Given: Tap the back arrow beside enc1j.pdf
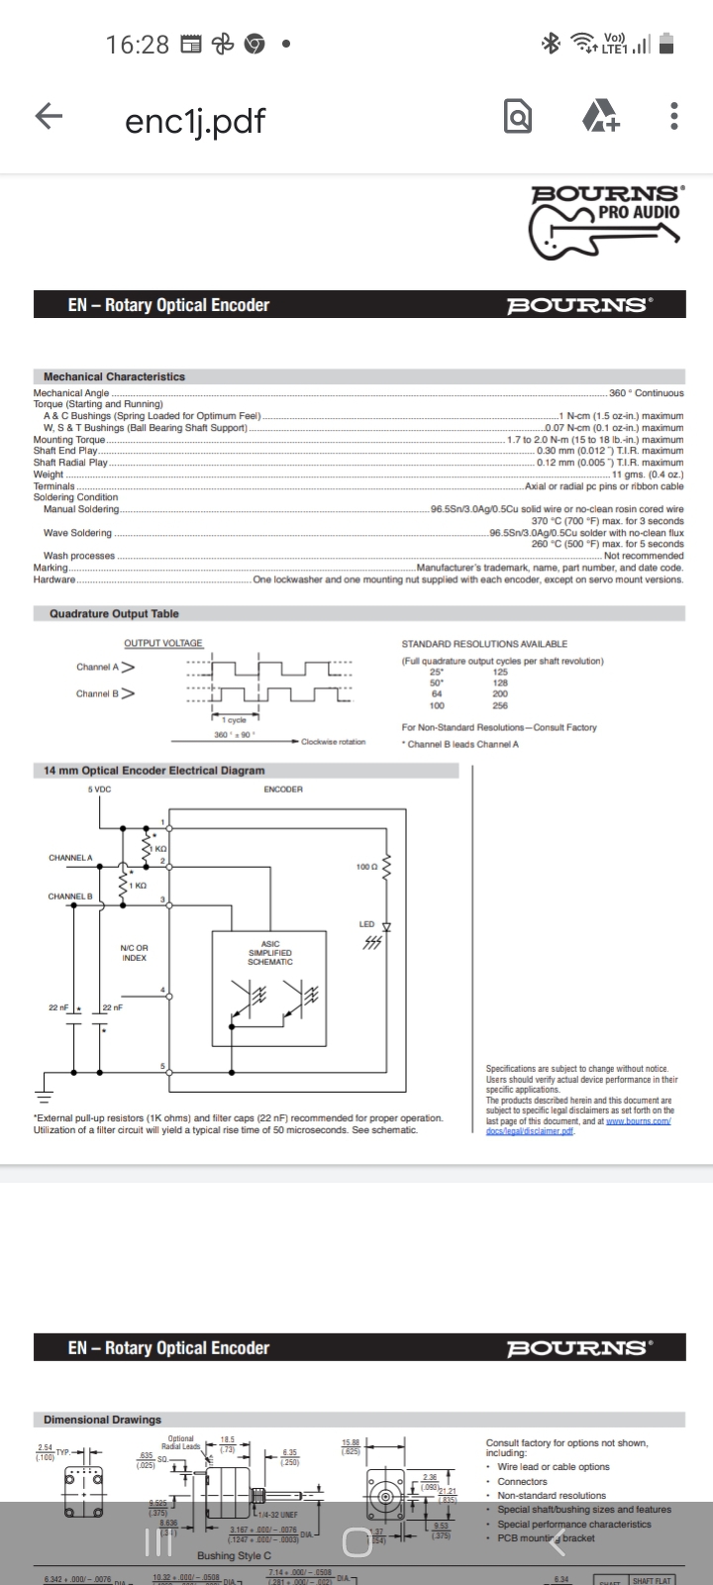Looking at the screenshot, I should (49, 117).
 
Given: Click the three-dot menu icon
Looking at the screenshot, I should (674, 117).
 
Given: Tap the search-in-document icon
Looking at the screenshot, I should (517, 117).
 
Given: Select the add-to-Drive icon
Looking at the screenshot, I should (600, 117).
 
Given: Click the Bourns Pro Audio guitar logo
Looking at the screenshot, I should (605, 223).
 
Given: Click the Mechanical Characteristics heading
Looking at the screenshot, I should (114, 376).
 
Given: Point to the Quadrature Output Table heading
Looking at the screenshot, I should (114, 614).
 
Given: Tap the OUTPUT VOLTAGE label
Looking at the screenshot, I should (163, 644).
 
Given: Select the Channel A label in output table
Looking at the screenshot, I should (98, 667).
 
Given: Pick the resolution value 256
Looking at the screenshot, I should (500, 706).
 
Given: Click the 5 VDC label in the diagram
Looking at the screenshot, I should (99, 790).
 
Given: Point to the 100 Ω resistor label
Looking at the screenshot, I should (366, 867).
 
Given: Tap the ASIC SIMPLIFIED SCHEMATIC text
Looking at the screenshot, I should (269, 953).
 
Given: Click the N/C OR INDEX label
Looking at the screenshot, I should (135, 953).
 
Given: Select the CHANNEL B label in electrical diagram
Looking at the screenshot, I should (70, 897).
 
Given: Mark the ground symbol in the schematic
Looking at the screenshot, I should (43, 1095).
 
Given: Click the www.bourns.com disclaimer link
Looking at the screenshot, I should (638, 1120).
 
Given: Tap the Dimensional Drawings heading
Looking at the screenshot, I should (102, 1420).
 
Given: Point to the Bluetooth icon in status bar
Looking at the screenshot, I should (551, 43).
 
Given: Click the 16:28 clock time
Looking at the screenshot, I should (138, 45).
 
